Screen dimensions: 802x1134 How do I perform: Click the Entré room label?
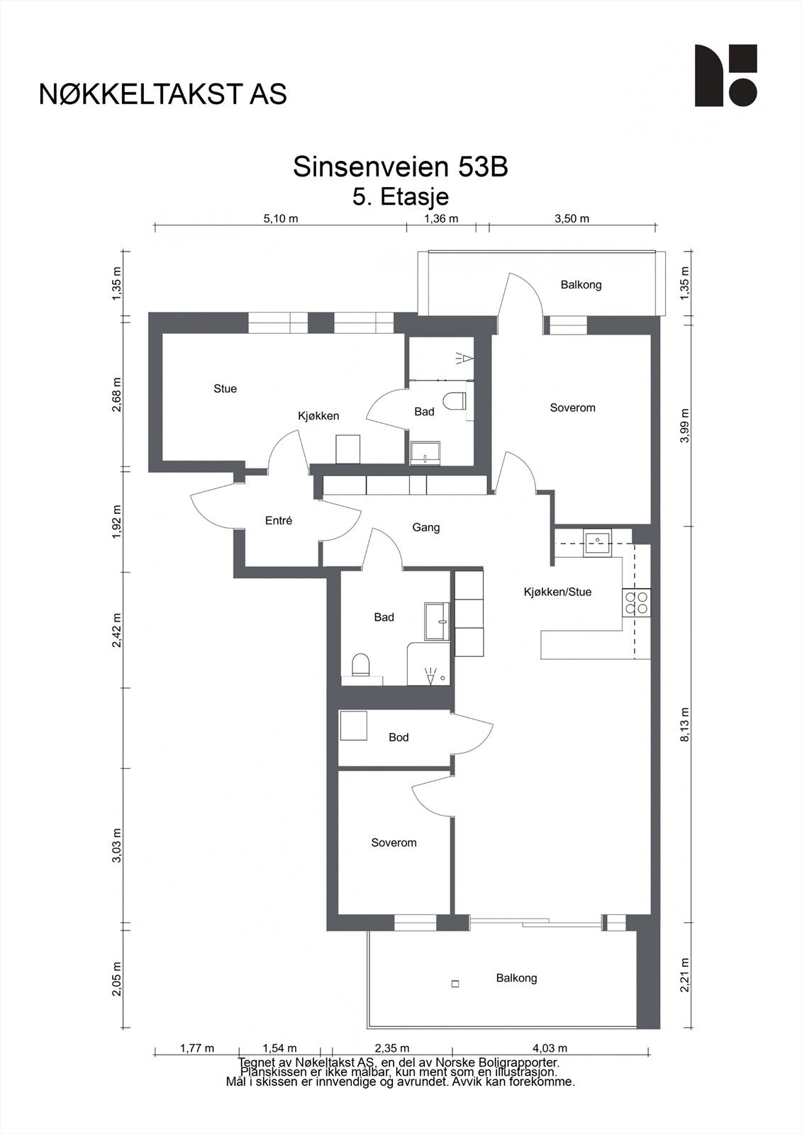[279, 520]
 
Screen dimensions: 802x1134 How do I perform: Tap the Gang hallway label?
[425, 527]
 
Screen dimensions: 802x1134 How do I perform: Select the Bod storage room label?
[399, 737]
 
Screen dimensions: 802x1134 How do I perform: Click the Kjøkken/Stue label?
[557, 592]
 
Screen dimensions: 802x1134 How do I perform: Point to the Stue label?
[225, 388]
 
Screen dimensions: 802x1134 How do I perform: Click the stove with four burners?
[637, 602]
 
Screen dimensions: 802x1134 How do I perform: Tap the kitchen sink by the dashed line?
[597, 543]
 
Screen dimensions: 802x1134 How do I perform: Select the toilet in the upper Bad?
[455, 401]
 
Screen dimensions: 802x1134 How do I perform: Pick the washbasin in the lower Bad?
[437, 621]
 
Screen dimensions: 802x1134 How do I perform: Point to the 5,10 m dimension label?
[281, 219]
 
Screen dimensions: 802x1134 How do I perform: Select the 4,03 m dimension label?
[550, 1048]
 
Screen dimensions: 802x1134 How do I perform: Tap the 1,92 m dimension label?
[117, 522]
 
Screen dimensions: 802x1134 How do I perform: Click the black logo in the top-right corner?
[725, 75]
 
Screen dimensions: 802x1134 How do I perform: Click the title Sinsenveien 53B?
[400, 167]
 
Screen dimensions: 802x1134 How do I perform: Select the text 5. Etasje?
[401, 196]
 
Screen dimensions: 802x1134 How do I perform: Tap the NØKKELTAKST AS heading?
[163, 94]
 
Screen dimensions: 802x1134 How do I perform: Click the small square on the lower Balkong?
[455, 984]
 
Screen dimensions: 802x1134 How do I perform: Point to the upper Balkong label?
[581, 284]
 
